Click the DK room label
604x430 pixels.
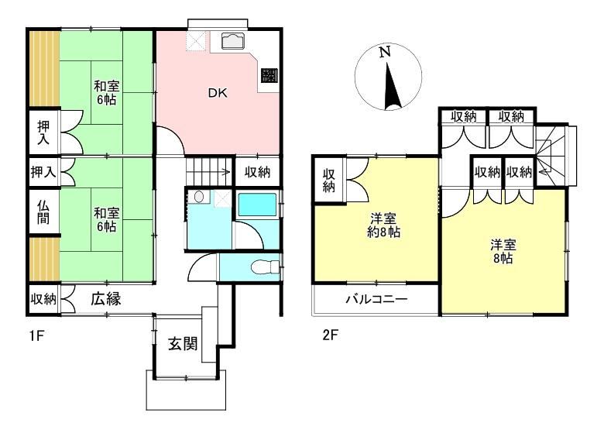[x=218, y=93]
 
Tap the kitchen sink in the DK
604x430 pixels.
[x=232, y=41]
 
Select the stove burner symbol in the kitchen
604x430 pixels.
[x=269, y=74]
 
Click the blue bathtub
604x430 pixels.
[x=257, y=205]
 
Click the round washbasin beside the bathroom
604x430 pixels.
[x=199, y=197]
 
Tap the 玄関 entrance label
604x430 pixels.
[x=183, y=344]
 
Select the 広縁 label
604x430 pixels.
[x=106, y=298]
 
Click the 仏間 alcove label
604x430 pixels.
[x=43, y=212]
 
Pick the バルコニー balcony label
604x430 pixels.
[x=376, y=299]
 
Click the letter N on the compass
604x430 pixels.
[x=384, y=52]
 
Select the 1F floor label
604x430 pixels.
[x=38, y=336]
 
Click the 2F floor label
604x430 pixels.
[x=330, y=335]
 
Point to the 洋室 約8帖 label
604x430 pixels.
[x=383, y=225]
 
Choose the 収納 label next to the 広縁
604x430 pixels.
[x=43, y=299]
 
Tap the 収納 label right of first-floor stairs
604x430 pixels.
[x=257, y=172]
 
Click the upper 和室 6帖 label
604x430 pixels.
[x=107, y=93]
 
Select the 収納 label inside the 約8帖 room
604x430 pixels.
[x=328, y=181]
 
